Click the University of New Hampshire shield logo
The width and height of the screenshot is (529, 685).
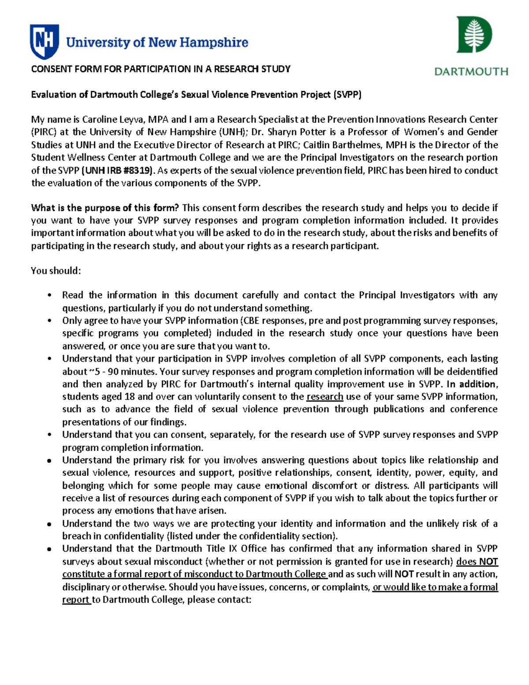pyautogui.click(x=44, y=41)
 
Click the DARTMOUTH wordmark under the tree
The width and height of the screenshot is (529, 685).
pyautogui.click(x=471, y=71)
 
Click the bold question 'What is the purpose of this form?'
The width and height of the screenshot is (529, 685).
pyautogui.click(x=105, y=208)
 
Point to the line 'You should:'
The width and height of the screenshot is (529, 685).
pyautogui.click(x=56, y=270)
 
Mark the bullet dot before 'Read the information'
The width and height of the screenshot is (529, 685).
pyautogui.click(x=50, y=296)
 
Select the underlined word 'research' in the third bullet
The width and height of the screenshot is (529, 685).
pyautogui.click(x=324, y=397)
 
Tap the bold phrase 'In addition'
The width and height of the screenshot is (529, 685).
pyautogui.click(x=472, y=384)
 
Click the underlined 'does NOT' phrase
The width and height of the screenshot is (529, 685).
pyautogui.click(x=477, y=561)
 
